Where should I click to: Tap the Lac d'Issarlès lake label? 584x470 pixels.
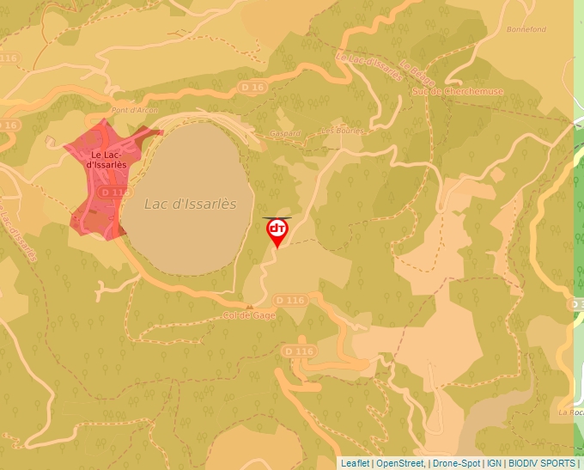click(x=190, y=204)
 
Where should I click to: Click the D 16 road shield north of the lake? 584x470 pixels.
click(x=252, y=87)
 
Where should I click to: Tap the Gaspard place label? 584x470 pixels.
click(x=286, y=133)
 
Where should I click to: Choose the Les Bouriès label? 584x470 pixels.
click(x=342, y=131)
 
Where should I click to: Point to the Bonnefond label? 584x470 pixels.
click(x=526, y=29)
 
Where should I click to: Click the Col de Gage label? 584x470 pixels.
click(x=248, y=315)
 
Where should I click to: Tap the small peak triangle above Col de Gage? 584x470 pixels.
click(x=249, y=306)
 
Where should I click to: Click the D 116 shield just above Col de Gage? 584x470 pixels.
click(x=290, y=300)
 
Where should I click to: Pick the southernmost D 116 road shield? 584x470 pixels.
click(x=298, y=351)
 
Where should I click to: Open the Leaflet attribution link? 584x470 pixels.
click(x=355, y=463)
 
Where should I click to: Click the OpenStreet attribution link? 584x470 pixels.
click(x=400, y=463)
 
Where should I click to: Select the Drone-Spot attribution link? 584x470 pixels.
click(x=457, y=463)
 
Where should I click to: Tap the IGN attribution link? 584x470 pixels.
click(x=494, y=463)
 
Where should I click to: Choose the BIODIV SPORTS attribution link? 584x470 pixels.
click(x=542, y=463)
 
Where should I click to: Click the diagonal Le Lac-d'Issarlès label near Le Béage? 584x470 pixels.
click(x=369, y=68)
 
